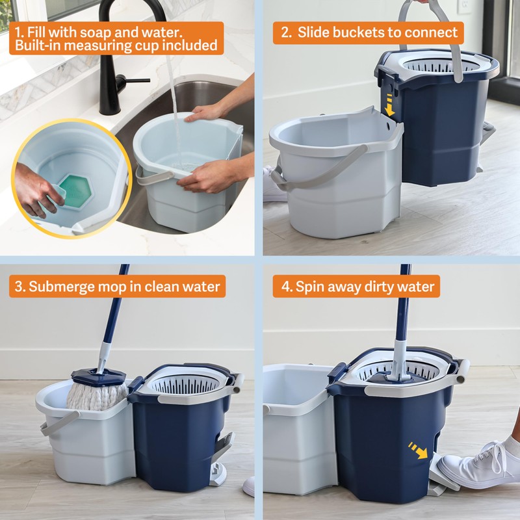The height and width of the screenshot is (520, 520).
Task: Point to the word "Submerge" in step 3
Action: (68, 285)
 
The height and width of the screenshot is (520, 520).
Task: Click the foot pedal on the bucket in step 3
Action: (221, 455)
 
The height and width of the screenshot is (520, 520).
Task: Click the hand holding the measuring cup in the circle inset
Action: (36, 188)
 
